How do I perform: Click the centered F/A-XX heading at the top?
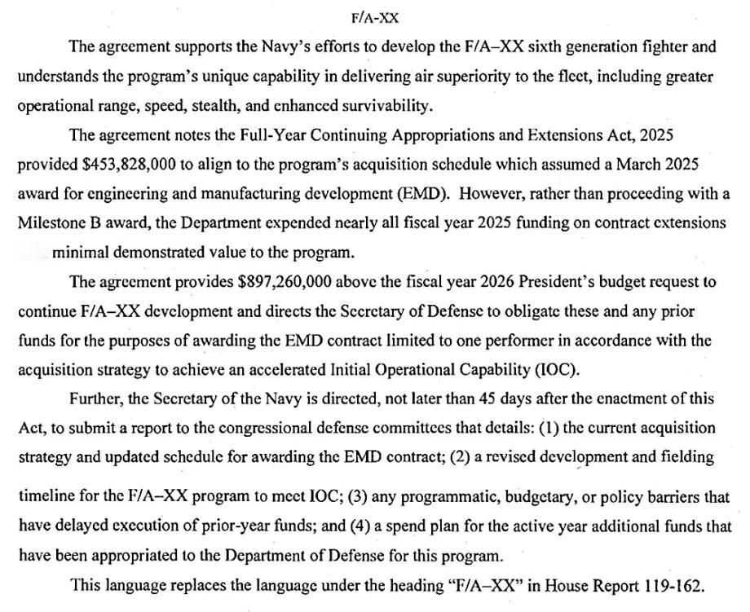coord(374,17)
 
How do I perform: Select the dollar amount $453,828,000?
coord(130,164)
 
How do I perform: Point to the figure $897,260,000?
coord(289,283)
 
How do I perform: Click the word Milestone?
coord(51,223)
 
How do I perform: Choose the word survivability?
coord(385,105)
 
